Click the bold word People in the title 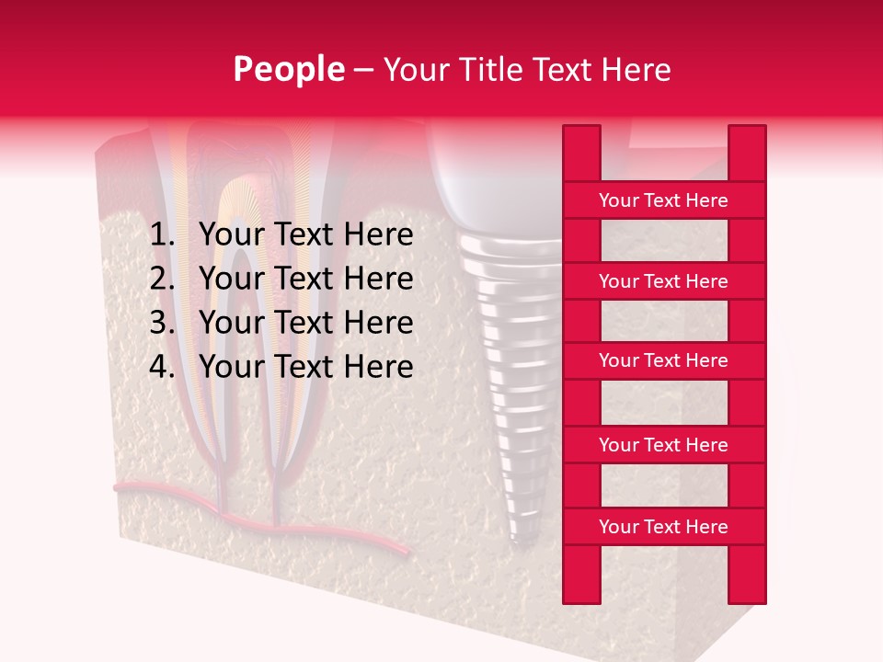click(288, 69)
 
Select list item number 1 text click(305, 235)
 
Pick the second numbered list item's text click(305, 279)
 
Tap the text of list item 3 click(305, 323)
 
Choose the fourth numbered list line click(305, 367)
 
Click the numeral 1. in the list click(162, 235)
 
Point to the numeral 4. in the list click(162, 367)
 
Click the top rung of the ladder click(663, 200)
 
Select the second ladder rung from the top click(663, 281)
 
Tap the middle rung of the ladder click(663, 360)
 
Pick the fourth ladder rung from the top click(663, 445)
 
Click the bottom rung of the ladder click(663, 527)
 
